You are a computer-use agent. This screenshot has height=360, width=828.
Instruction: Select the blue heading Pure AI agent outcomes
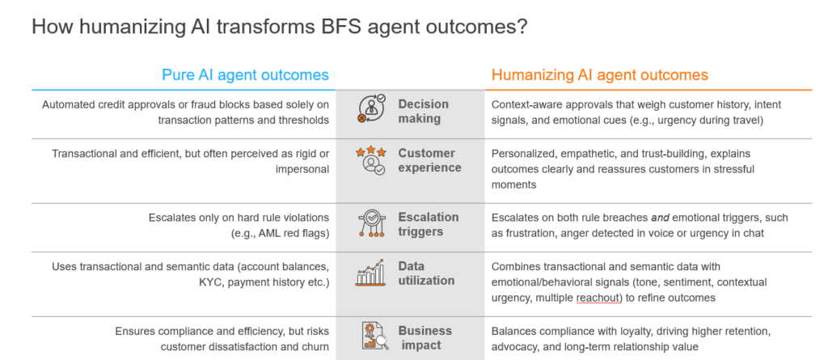coord(245,75)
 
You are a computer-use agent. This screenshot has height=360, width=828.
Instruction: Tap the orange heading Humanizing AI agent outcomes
coord(599,75)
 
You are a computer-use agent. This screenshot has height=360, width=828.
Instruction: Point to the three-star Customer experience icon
coord(370,161)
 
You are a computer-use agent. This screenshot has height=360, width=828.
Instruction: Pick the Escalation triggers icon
coord(372,223)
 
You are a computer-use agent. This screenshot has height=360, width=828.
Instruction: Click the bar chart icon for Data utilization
coord(370,273)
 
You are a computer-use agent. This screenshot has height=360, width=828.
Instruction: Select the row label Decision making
coord(423,111)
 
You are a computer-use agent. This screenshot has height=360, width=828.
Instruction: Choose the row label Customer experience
coord(429,160)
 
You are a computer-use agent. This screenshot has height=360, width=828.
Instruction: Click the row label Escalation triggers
coord(429,224)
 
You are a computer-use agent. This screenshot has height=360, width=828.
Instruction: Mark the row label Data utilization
coord(426,273)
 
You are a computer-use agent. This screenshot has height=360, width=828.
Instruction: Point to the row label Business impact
coord(425,338)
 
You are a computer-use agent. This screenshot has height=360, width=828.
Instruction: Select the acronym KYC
coord(210,282)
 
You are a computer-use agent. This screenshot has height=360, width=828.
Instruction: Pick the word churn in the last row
coord(316,347)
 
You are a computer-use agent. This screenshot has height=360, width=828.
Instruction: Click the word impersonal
coord(302,170)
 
